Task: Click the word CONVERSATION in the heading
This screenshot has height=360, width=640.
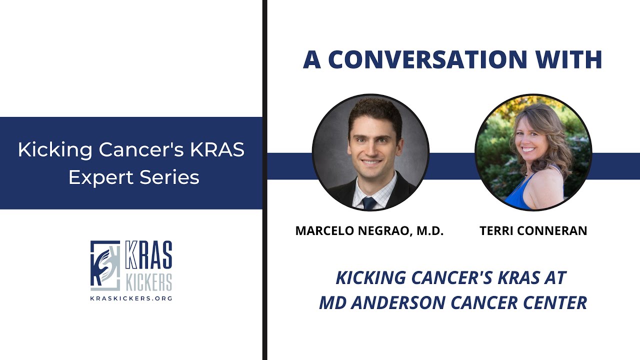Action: (x=427, y=59)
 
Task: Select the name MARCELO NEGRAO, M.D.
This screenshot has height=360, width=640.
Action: (x=369, y=230)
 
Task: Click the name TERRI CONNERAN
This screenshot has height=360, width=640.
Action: (x=533, y=230)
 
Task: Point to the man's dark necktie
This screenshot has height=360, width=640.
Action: (x=369, y=202)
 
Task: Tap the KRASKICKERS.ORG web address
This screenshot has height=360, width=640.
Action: (x=131, y=298)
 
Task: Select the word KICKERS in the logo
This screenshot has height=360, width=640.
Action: (x=148, y=282)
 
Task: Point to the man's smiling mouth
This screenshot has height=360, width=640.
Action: (x=371, y=162)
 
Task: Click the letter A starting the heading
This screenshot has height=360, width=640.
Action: (x=311, y=59)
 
